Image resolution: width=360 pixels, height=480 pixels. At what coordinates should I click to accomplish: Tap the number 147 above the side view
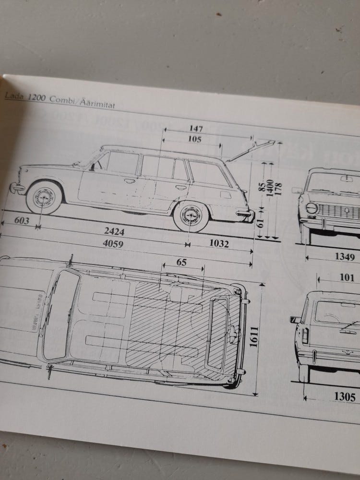(196, 129)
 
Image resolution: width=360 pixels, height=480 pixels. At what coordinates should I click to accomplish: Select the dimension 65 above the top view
(181, 262)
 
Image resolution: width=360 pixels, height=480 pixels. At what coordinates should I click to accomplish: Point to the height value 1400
(272, 187)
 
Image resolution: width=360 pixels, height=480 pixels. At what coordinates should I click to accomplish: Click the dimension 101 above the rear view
(347, 277)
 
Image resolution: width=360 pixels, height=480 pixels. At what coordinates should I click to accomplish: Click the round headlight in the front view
(312, 208)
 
